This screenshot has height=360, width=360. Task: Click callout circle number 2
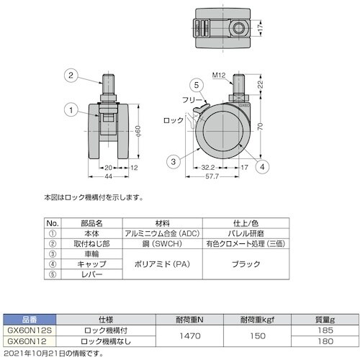[71, 76]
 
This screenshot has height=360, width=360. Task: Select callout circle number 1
[71, 110]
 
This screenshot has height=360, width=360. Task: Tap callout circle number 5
[197, 85]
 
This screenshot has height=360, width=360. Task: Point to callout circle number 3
[174, 161]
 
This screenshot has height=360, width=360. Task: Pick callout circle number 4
[262, 166]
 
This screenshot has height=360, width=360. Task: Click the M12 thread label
[219, 76]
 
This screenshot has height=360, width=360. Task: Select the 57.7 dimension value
[212, 176]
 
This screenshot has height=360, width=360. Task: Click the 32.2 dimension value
[208, 167]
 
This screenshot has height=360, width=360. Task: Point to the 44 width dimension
[109, 176]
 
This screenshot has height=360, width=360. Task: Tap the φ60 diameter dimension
[138, 131]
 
